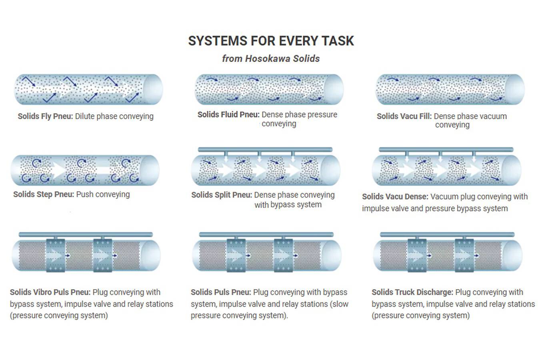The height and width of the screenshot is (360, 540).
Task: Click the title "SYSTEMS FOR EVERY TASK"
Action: point(271,41)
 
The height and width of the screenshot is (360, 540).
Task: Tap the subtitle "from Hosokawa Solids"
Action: point(271,58)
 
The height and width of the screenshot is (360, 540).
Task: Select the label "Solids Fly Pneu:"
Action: point(45,116)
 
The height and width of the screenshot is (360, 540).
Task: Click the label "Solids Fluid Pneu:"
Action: point(228,115)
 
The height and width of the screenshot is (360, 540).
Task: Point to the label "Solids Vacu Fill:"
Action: point(404,116)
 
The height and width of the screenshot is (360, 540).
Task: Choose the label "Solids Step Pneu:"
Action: point(44,194)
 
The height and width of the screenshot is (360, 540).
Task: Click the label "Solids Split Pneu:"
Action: point(222,195)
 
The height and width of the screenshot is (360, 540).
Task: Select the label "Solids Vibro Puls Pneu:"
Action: point(50,292)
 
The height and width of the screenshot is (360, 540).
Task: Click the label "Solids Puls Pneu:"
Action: point(221,292)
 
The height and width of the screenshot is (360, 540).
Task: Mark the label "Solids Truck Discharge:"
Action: point(412,292)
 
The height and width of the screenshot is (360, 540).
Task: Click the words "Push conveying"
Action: point(103,194)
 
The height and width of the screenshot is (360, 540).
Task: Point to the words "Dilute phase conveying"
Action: point(114,116)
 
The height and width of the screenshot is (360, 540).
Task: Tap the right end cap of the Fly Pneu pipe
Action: point(153,90)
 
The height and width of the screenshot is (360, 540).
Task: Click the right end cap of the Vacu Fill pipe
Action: point(514,90)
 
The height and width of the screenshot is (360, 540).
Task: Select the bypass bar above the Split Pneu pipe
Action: point(265,150)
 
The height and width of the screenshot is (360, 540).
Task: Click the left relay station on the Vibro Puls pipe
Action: point(56,255)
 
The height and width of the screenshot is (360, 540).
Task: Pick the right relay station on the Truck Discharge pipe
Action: point(464,255)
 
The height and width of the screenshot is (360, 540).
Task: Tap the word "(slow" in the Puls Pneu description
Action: point(340,304)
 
